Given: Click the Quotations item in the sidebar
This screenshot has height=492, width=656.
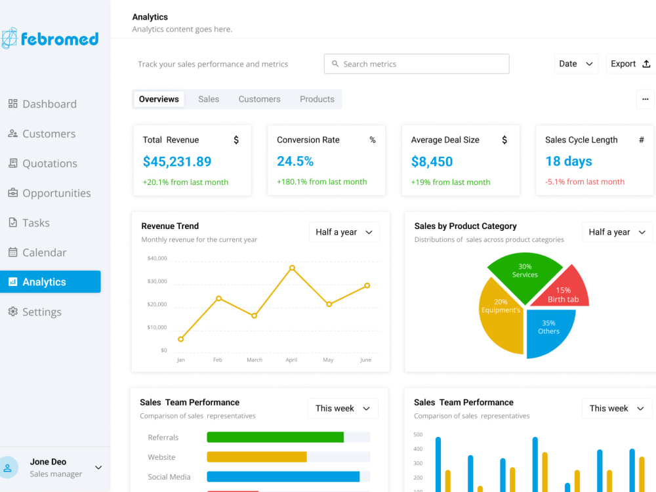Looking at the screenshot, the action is click(43, 163).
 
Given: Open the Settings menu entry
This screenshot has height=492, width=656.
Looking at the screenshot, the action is click(35, 312).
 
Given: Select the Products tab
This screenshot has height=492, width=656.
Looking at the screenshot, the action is click(317, 99).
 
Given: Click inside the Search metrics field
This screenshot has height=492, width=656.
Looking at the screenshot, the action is click(417, 64).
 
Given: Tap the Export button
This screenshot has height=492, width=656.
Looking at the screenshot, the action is click(630, 64).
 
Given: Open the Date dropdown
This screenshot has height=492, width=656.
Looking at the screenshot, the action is click(576, 64).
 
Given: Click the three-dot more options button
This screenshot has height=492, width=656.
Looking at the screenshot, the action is click(645, 99).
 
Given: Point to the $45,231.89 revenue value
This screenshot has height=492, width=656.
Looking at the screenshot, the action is click(177, 161).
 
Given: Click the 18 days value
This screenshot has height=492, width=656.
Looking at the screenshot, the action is click(569, 161).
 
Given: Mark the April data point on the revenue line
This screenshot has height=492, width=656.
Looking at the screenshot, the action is click(292, 268).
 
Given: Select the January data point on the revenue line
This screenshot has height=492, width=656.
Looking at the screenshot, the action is click(181, 339).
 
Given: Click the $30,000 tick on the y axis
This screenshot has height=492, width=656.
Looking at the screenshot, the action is click(157, 281).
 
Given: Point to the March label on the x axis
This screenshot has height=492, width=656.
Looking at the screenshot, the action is click(255, 359).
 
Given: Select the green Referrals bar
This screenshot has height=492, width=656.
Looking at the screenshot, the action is click(276, 437).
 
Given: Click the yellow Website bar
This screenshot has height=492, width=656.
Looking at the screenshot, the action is click(257, 457).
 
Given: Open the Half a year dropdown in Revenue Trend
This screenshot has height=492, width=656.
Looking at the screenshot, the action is click(344, 232).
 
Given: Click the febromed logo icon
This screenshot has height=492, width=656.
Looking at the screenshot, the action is click(9, 39).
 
